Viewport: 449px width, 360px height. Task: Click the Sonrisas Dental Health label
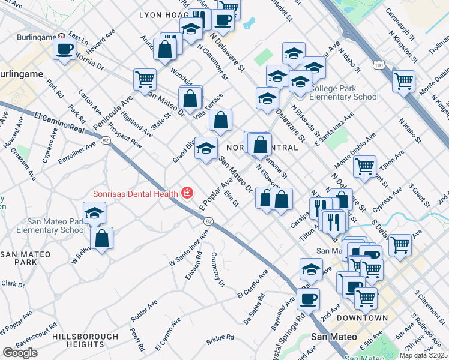135,193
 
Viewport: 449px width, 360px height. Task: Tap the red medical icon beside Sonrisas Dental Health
187,193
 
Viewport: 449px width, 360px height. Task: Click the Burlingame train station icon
59,36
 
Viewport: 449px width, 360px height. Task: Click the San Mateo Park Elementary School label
43,226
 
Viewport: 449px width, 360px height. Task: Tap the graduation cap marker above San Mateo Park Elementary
94,213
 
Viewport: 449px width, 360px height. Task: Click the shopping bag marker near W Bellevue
102,238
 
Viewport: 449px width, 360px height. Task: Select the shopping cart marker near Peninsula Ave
145,80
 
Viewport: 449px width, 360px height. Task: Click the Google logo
20,353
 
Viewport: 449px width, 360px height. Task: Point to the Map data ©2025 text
423,355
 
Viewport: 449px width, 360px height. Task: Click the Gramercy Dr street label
217,268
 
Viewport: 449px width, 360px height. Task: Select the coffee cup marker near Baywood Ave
309,298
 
